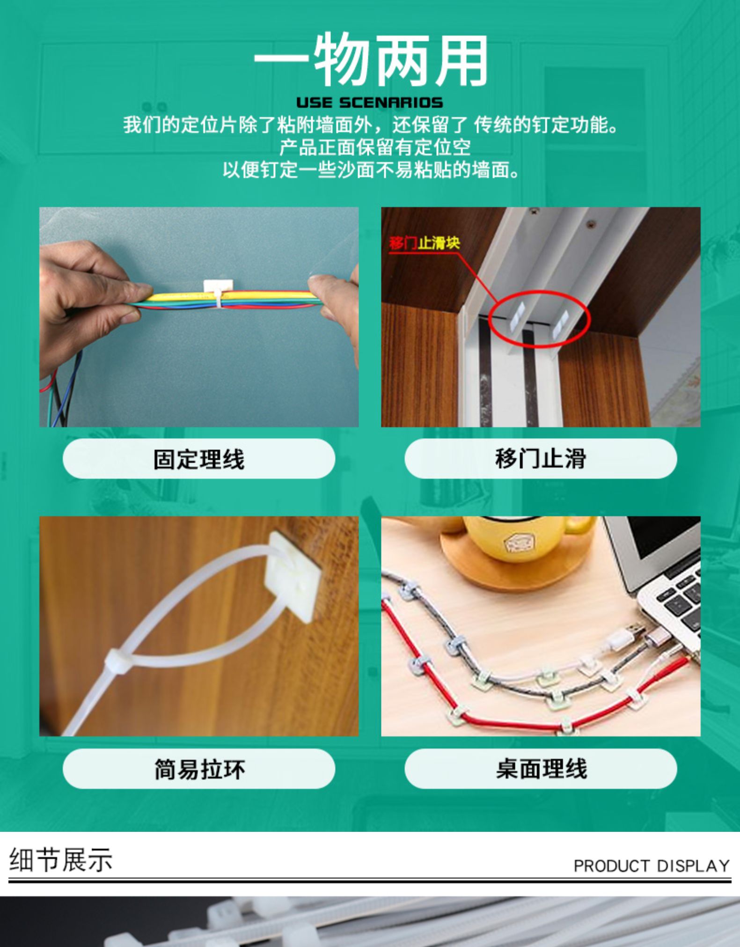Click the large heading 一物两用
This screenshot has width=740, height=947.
(370, 59)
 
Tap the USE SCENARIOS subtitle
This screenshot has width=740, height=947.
(370, 103)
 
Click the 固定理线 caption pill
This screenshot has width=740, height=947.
(199, 459)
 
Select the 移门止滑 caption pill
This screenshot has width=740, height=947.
(541, 459)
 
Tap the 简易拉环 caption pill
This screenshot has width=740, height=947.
(199, 769)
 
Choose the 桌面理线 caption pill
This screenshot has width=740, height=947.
(541, 769)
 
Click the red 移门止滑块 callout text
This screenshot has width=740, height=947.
(424, 243)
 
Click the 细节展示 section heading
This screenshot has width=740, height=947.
(61, 860)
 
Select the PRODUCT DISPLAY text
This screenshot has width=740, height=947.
(652, 866)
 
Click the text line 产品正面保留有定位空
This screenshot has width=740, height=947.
(375, 147)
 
